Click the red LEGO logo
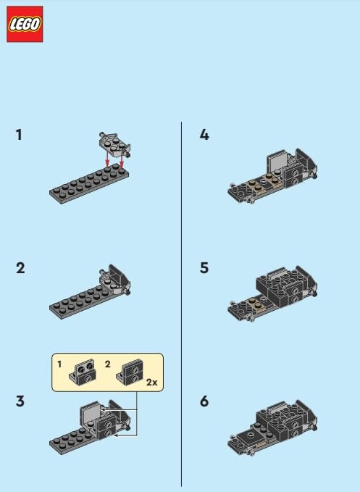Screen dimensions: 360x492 tap(25, 24)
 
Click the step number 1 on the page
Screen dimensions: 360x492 tap(19, 135)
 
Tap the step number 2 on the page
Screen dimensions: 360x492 tap(20, 268)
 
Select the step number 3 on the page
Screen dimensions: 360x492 tap(20, 401)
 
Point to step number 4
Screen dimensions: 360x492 tap(204, 135)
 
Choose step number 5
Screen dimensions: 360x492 tap(204, 268)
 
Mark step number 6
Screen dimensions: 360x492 tap(204, 401)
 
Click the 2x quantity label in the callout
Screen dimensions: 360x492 tap(152, 382)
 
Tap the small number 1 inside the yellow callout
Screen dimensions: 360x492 tap(59, 364)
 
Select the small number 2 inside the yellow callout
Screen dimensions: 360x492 tap(107, 364)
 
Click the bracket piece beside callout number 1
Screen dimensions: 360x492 tap(83, 371)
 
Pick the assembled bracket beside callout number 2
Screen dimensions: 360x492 tap(130, 372)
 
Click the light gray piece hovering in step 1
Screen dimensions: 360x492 tap(114, 144)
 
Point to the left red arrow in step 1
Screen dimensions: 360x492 tap(107, 159)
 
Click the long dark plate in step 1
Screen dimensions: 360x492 tap(89, 185)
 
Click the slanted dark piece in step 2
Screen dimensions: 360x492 tap(117, 275)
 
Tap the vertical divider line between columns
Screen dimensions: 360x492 tap(182, 304)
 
